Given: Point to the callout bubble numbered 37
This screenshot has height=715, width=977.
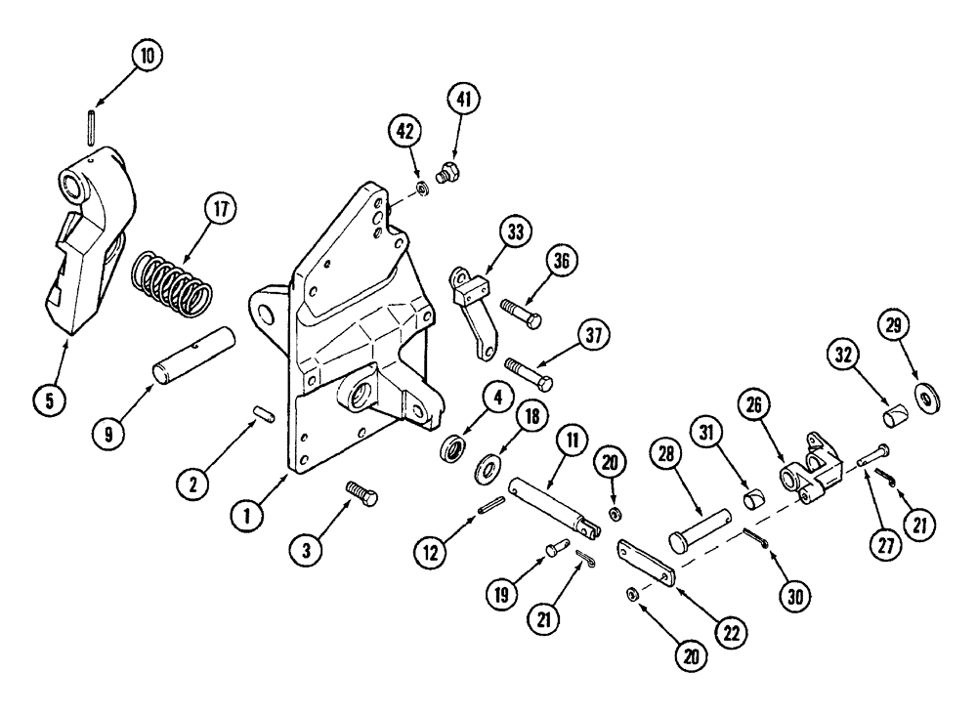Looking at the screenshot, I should [592, 337].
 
